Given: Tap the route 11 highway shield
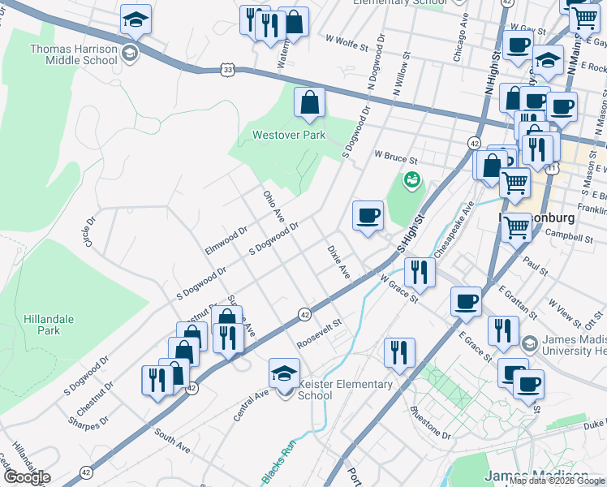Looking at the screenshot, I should click(553, 168).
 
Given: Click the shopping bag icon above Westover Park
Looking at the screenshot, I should click(309, 103).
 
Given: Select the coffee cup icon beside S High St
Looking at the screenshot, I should click(368, 216).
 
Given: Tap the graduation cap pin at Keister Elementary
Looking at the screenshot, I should click(284, 373).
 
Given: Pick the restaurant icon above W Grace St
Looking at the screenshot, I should click(419, 272).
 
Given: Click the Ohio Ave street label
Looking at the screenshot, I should click(273, 208).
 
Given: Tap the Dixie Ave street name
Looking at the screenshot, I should click(338, 261).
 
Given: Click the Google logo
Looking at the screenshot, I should click(27, 477).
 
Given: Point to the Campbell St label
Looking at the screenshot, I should click(569, 238).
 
